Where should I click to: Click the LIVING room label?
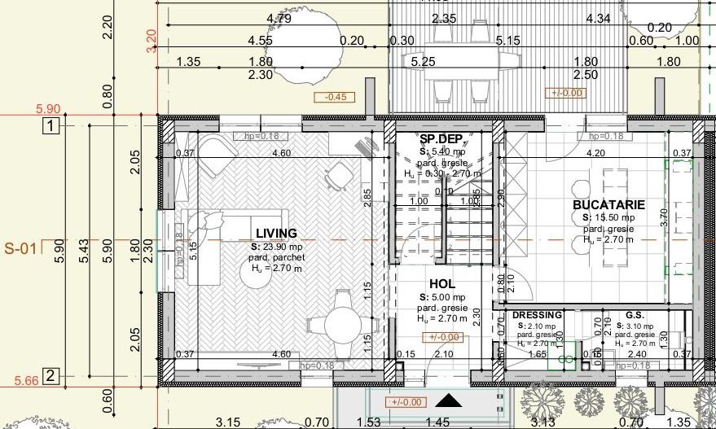(x=276, y=234)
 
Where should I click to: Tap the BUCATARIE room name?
(x=608, y=205)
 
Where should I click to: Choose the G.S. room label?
(x=635, y=315)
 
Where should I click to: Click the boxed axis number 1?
(x=51, y=126)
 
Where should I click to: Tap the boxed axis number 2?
(x=51, y=376)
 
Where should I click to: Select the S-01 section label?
(x=20, y=248)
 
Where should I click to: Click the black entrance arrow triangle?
(x=446, y=400)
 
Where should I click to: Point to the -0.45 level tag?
(x=335, y=97)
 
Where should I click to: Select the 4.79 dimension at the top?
(x=279, y=18)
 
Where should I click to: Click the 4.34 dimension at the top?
(x=597, y=18)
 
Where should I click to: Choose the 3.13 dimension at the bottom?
(x=542, y=422)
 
